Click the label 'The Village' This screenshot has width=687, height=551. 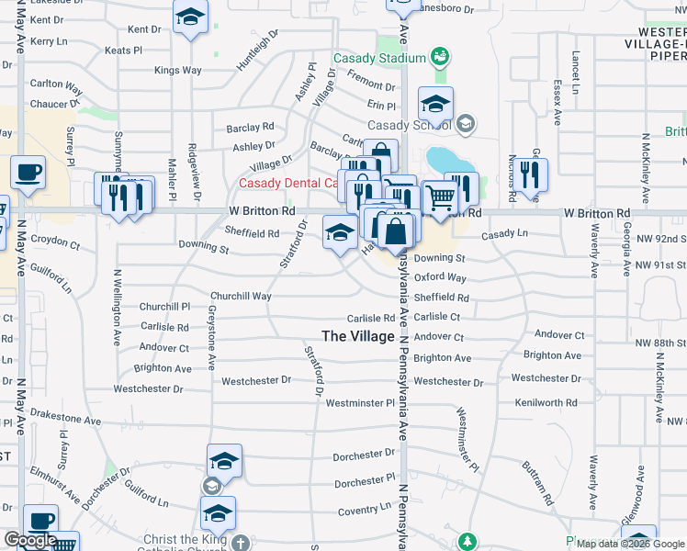click(x=358, y=336)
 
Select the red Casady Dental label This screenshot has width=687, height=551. click(x=287, y=183)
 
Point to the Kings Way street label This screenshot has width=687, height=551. click(x=178, y=70)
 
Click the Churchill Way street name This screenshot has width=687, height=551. click(x=241, y=296)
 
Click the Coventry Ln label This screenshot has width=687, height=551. click(x=366, y=511)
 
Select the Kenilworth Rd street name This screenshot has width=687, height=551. click(x=545, y=402)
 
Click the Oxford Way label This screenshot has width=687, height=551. click(x=440, y=277)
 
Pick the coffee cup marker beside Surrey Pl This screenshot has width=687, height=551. click(x=28, y=171)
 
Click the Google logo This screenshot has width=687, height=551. click(x=30, y=541)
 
